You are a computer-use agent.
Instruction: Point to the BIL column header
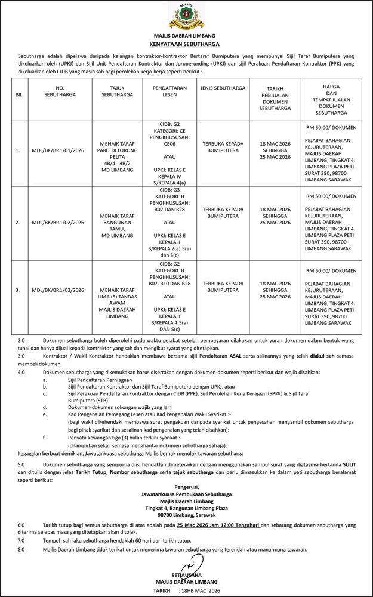[19, 95]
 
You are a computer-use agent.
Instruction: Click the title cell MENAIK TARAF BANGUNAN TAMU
[113, 222]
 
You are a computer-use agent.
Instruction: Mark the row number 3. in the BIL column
[18, 290]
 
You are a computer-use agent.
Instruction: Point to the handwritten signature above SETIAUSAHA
[192, 564]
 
